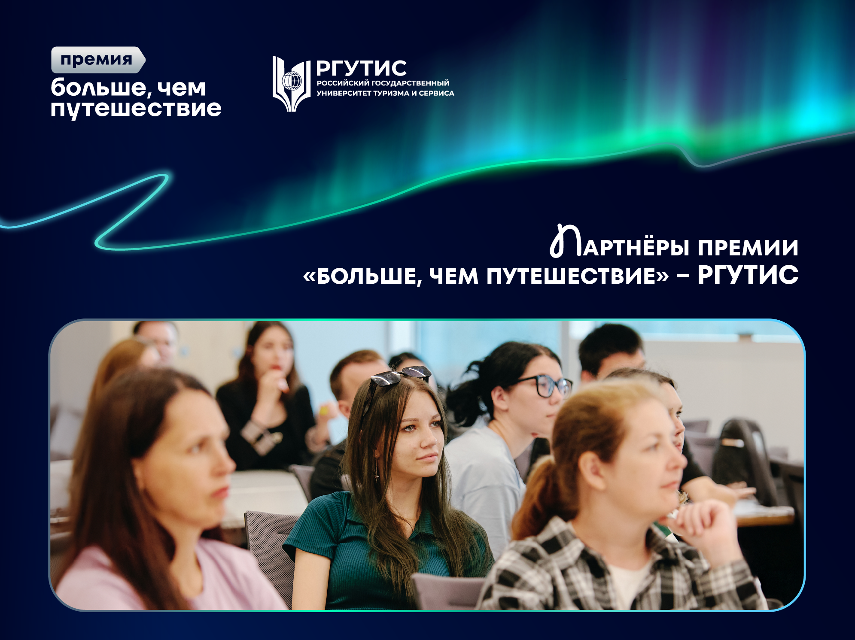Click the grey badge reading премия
point(97,60)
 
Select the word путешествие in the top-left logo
point(136,108)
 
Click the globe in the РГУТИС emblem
point(292,81)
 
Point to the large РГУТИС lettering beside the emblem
point(361,68)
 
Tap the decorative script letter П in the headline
point(565,242)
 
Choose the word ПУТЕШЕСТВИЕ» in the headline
point(578,276)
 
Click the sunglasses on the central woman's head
point(400,376)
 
